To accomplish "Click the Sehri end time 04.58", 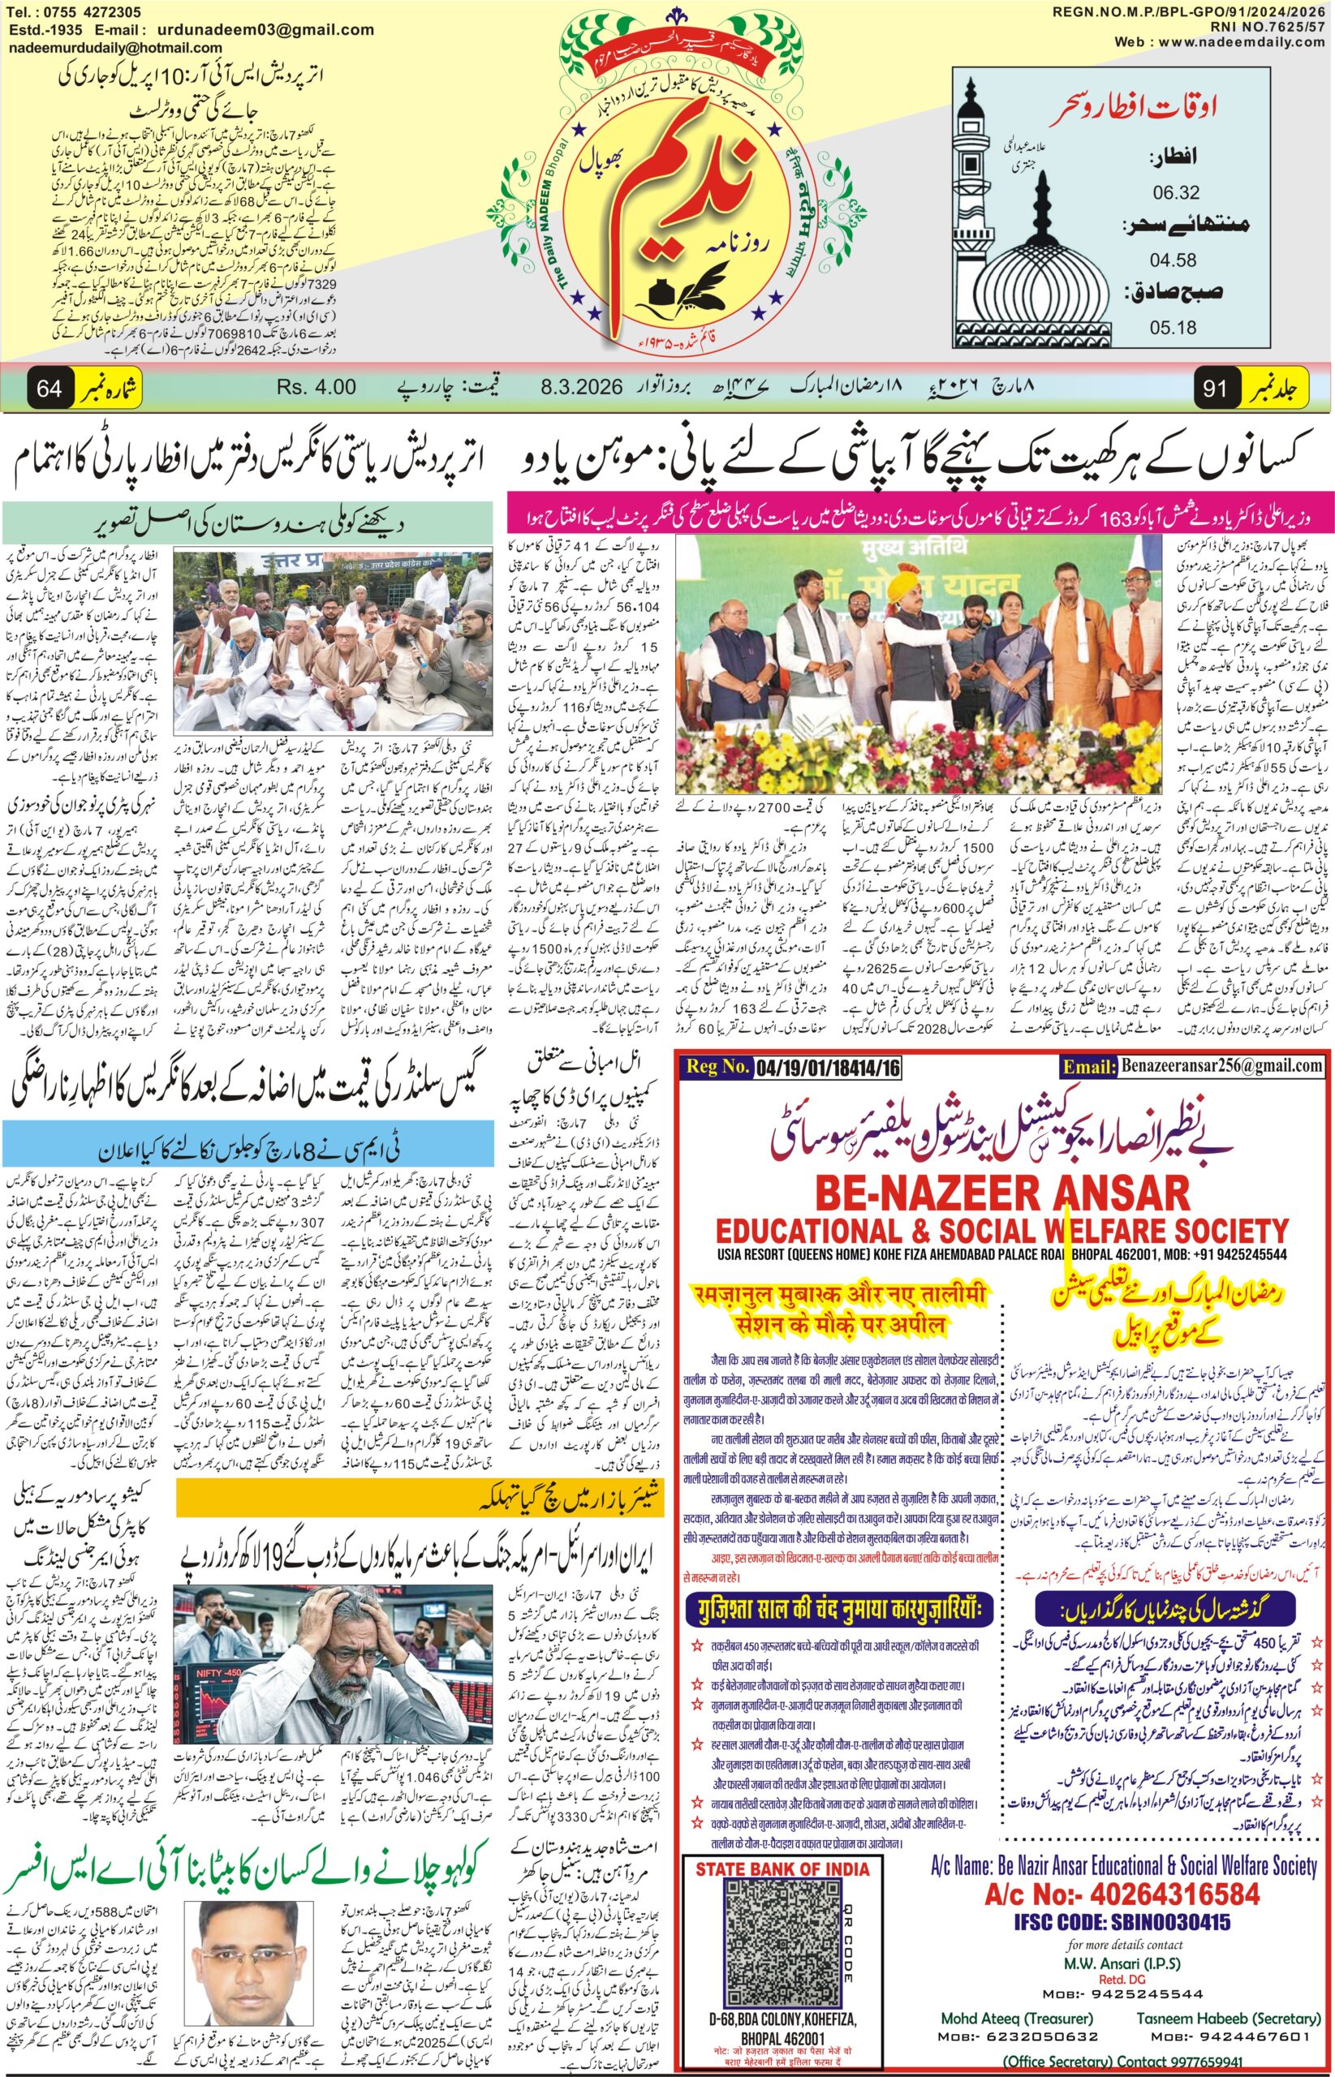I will coord(1174,259).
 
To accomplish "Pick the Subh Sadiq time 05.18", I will coord(1174,328).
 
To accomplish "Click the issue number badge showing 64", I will coord(49,387).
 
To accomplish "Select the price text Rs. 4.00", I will coord(317,386).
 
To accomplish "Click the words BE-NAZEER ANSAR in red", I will coord(1003,1194).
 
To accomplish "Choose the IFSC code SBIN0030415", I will coord(1122,1923).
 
